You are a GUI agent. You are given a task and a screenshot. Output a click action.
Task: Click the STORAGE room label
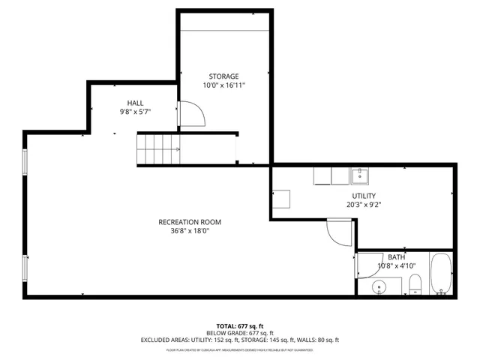click(x=223, y=76)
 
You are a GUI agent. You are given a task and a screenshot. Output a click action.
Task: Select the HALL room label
click(x=135, y=103)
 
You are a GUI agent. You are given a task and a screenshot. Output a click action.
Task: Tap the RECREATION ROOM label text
click(x=190, y=222)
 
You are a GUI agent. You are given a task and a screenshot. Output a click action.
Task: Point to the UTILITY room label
click(x=364, y=196)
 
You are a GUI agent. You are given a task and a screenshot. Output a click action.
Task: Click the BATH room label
click(x=396, y=256)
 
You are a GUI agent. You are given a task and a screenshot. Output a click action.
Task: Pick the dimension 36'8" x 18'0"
click(x=190, y=232)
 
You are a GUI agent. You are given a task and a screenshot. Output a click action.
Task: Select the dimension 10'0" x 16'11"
click(x=223, y=85)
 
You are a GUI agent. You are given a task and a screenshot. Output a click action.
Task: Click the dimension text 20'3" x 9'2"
click(x=364, y=205)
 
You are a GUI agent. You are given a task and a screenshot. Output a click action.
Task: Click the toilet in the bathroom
click(x=415, y=283)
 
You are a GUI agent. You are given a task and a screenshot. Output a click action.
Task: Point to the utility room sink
click(x=361, y=175)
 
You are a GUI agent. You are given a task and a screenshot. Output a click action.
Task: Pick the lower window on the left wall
click(x=25, y=268)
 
